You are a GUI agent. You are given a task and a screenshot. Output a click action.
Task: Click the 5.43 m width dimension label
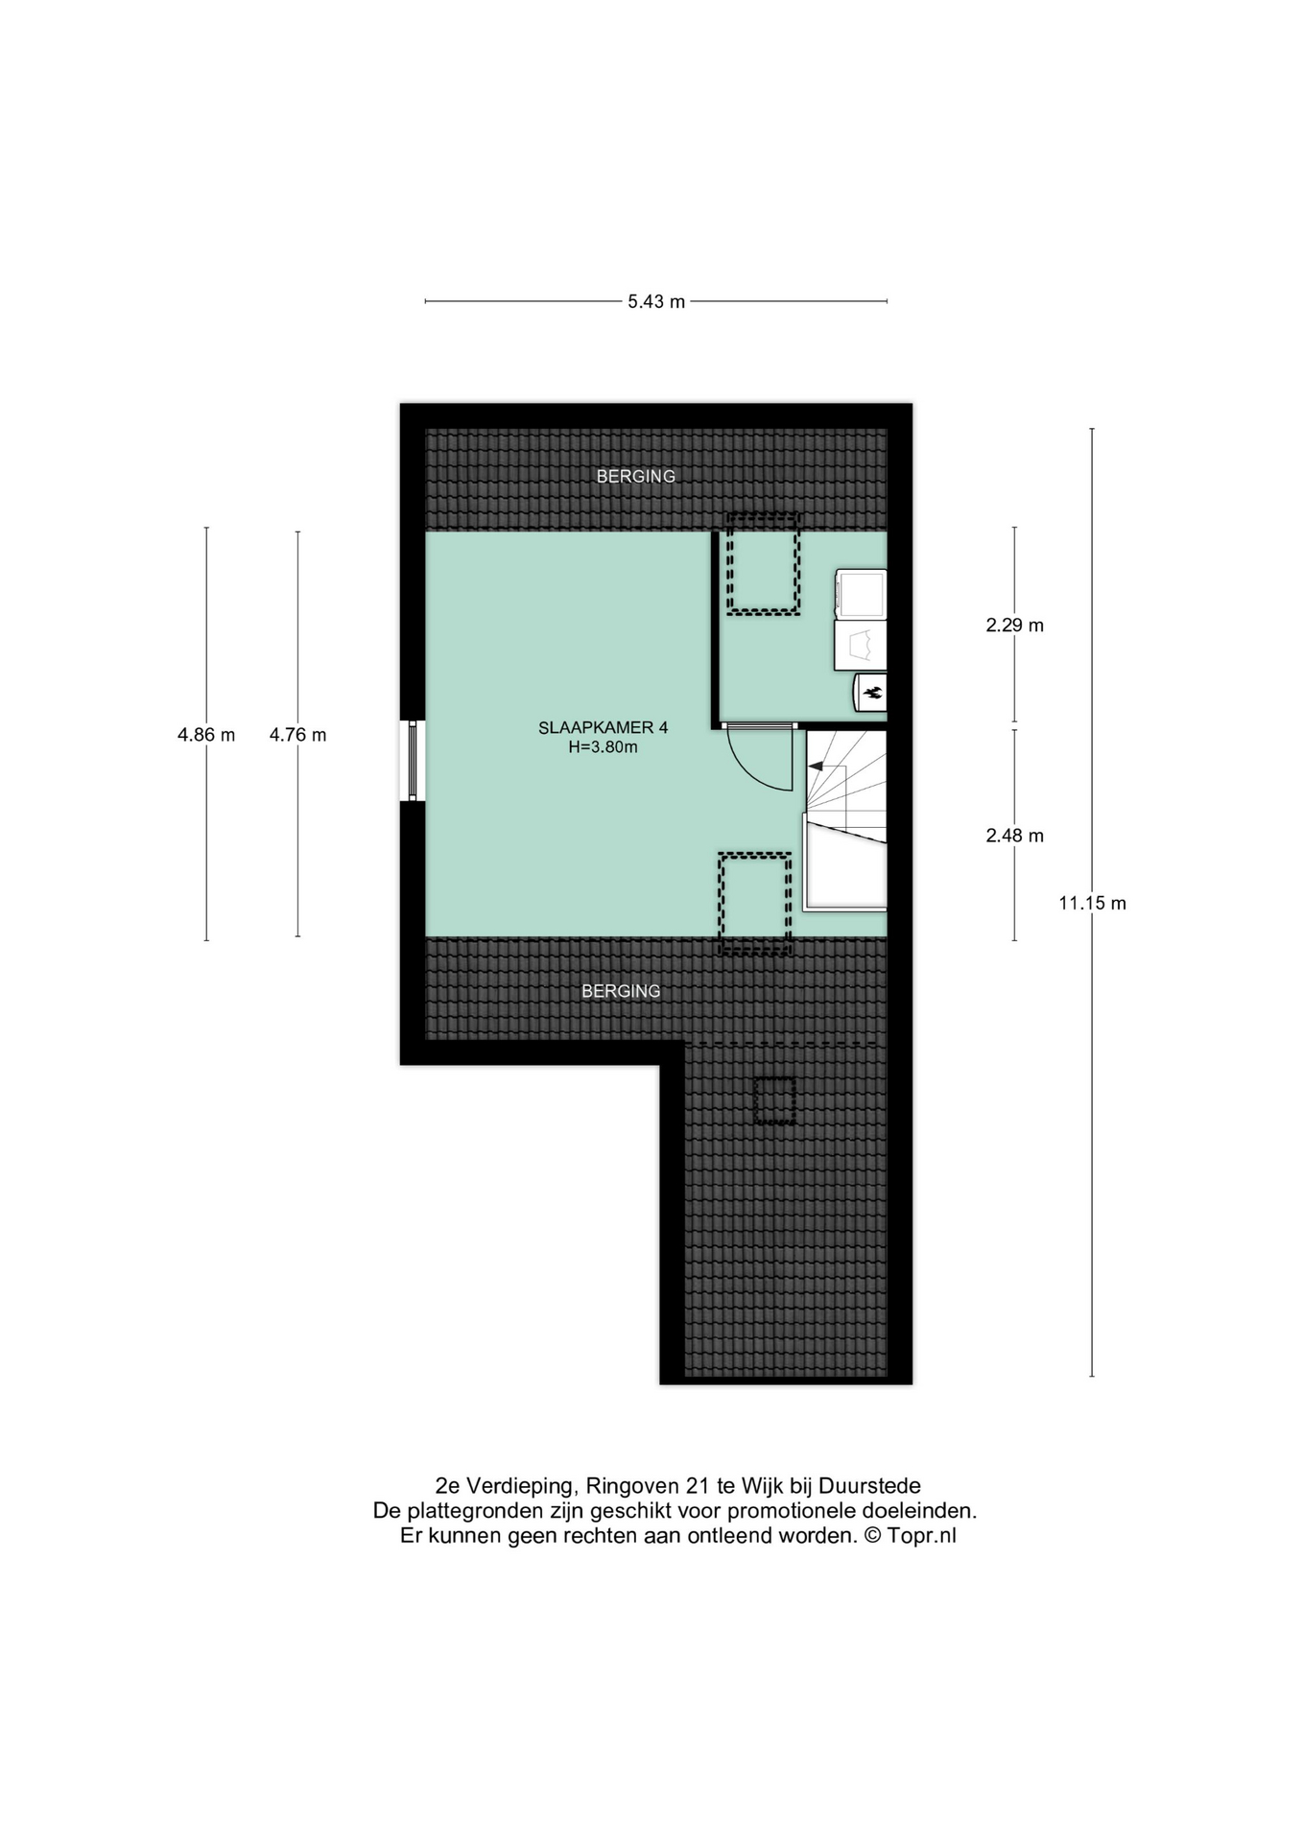pos(656,301)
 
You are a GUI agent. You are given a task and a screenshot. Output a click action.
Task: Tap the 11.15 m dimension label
pos(1092,903)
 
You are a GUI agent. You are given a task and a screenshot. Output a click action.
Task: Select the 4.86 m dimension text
pos(206,735)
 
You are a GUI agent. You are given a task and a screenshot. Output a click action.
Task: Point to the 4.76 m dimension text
pos(297,735)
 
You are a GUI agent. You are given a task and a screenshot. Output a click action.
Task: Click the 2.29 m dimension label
pos(1014,626)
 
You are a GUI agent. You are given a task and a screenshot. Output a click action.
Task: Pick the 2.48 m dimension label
pos(1014,836)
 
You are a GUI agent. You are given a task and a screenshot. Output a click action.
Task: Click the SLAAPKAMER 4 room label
pos(603,728)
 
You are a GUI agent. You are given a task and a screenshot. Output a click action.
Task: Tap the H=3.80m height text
pos(603,747)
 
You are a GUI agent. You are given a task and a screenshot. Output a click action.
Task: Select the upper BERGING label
pos(636,476)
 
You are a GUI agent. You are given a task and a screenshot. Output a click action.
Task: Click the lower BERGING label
pos(621,991)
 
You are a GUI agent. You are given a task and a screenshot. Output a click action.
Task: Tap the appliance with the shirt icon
pos(860,644)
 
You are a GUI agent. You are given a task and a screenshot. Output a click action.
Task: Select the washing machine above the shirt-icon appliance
pos(860,594)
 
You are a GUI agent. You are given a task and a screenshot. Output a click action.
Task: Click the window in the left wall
pos(413,761)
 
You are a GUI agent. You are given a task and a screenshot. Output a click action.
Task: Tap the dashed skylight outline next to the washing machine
pos(763,564)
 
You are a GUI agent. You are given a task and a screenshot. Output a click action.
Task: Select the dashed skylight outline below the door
pos(755,904)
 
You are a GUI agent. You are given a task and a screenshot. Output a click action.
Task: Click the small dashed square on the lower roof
pos(774,1100)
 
